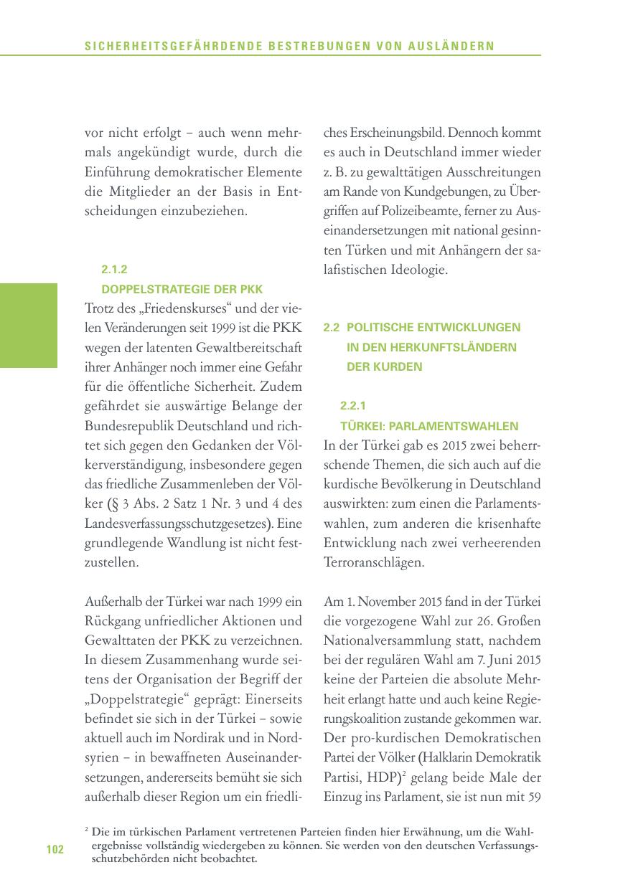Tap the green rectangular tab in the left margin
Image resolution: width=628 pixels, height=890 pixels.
tap(29, 325)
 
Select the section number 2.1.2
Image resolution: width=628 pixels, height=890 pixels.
tap(114, 270)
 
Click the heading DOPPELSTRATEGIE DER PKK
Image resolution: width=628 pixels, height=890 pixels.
tap(182, 290)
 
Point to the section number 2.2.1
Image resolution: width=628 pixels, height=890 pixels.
tap(353, 405)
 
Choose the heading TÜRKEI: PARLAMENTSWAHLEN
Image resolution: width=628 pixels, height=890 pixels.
tap(429, 425)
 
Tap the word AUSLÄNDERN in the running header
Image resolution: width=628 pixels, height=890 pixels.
tap(459, 47)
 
